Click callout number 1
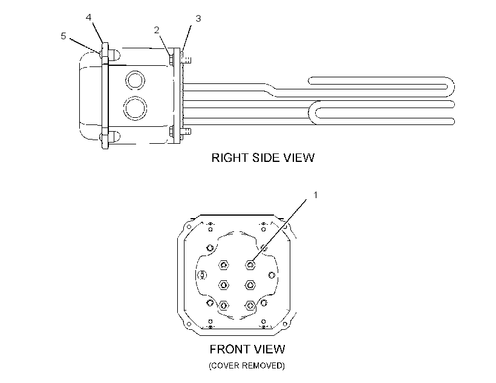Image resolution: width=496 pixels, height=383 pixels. (x=315, y=195)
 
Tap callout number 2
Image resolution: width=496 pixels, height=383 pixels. (x=157, y=30)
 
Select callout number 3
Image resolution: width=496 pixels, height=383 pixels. (x=198, y=19)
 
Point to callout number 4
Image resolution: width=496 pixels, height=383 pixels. (x=88, y=18)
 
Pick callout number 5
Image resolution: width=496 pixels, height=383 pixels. (x=64, y=36)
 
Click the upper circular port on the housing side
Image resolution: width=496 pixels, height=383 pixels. (x=135, y=80)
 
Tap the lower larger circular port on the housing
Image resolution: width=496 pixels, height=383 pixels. (x=135, y=108)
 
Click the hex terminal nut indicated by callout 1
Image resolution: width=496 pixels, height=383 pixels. (x=250, y=265)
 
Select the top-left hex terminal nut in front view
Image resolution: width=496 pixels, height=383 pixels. (x=224, y=265)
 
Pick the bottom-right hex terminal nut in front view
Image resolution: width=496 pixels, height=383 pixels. (x=250, y=305)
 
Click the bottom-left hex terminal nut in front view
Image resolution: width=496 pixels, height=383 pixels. (x=224, y=305)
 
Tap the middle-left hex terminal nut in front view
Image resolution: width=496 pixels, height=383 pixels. (x=224, y=285)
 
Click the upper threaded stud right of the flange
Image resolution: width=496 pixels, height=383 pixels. (x=186, y=59)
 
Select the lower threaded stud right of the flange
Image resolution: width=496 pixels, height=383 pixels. (x=186, y=131)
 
